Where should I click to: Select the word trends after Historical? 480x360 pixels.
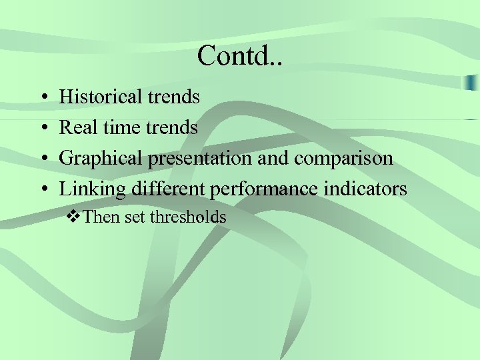coord(174,97)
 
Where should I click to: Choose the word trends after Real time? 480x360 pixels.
coord(172,127)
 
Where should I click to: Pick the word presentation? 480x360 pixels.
coord(201,159)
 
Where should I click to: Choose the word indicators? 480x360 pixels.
coord(365,189)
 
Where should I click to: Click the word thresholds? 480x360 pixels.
coord(188,217)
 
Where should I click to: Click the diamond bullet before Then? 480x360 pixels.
coord(75,217)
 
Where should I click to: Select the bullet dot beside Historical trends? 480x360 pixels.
coord(42,98)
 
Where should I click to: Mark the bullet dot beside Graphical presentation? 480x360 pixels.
coord(42,160)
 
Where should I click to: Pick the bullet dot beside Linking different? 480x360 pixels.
coord(42,191)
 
